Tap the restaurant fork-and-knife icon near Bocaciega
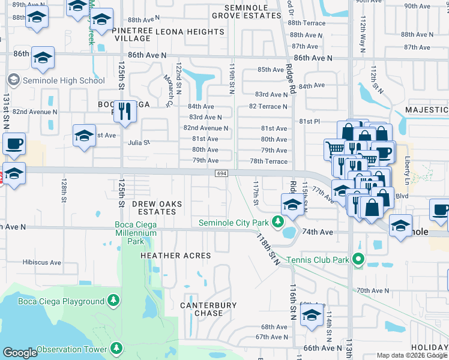(125, 112)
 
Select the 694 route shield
(221, 173)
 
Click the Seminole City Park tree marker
(277, 223)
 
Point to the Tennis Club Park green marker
(359, 260)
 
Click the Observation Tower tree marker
(116, 348)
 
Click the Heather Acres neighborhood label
(175, 256)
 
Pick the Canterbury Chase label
(209, 309)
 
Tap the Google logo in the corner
(20, 353)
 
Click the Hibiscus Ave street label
(42, 262)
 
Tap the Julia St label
(138, 143)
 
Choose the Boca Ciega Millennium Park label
(135, 233)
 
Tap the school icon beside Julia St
(84, 136)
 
